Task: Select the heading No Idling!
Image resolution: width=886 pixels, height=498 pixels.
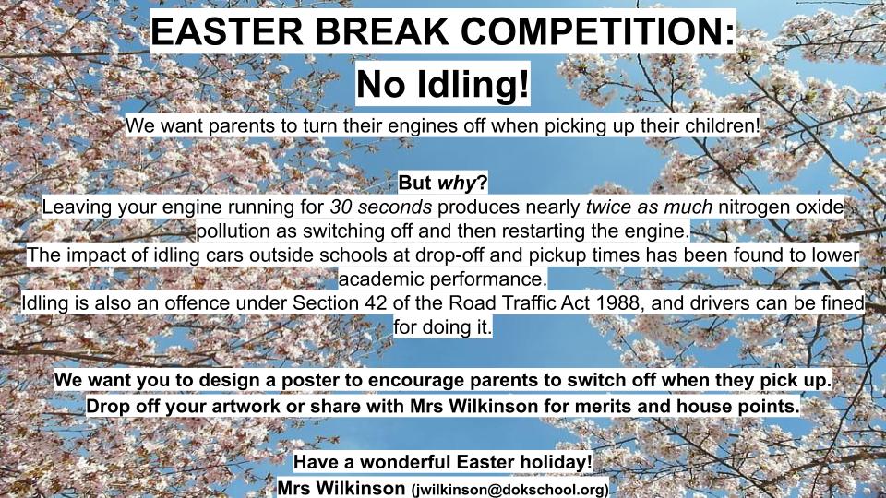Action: click(443, 84)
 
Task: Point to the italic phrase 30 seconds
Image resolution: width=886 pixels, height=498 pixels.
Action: click(381, 207)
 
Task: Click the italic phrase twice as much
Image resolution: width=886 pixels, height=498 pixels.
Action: click(649, 207)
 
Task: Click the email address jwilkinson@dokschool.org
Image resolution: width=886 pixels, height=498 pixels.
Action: click(509, 490)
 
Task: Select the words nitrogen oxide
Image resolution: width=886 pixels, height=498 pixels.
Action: click(781, 207)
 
